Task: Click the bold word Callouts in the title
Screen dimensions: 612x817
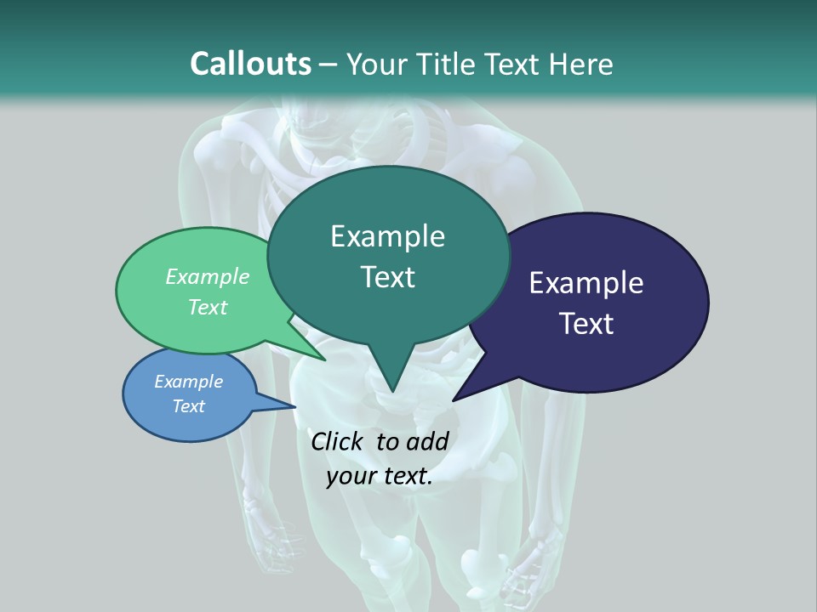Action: [250, 64]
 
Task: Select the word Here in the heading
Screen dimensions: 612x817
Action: [582, 64]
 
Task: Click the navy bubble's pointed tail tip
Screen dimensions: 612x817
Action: [454, 399]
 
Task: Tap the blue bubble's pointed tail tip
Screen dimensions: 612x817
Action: [294, 406]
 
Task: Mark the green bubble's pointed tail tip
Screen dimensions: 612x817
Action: [324, 360]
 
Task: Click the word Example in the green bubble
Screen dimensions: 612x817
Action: [208, 276]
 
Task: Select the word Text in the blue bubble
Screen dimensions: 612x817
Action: [189, 406]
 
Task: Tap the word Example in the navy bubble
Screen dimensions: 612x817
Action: [586, 283]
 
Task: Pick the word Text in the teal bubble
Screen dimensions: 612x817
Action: [388, 277]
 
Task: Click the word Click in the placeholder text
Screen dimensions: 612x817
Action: [337, 441]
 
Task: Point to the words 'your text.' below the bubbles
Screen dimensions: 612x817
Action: [380, 476]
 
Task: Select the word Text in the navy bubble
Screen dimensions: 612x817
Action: [587, 324]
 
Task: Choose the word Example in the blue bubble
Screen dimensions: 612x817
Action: [189, 382]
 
